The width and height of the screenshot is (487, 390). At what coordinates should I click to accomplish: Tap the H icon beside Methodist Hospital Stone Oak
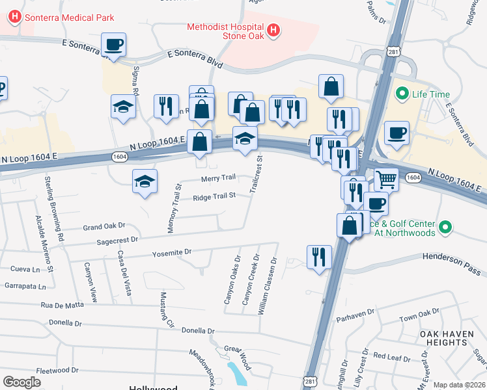pos(273,30)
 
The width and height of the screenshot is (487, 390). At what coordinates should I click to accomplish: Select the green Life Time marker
pos(402,94)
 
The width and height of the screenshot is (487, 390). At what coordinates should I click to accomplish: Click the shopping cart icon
pos(386,177)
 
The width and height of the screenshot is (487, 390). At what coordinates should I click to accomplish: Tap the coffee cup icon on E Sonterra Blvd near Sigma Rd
pos(113,45)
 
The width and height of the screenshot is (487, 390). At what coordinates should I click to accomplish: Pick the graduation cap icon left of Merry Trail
pos(145,181)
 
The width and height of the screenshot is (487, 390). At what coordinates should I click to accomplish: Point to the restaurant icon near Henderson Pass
pos(318,256)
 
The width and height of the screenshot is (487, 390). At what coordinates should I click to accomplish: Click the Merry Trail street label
pos(218,178)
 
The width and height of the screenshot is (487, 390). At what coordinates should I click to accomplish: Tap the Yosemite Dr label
pos(172,252)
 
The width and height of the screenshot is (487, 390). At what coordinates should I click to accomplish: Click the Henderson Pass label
pos(450,256)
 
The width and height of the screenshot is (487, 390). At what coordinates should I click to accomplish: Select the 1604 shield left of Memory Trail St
pos(119,157)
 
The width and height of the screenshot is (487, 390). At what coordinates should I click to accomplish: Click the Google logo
pos(21,382)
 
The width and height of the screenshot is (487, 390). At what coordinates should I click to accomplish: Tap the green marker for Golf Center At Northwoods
pos(445,227)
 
